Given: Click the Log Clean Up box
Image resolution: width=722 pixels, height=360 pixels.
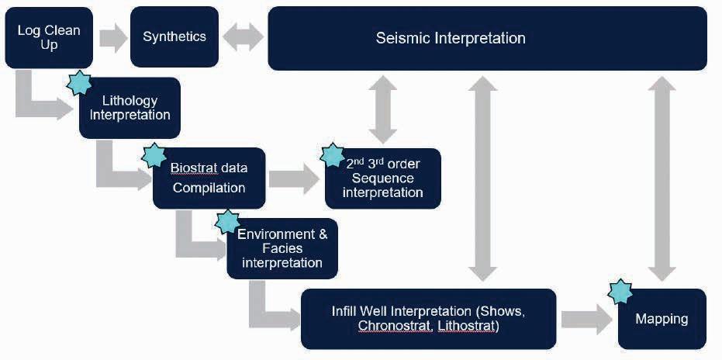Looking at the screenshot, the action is point(49,38).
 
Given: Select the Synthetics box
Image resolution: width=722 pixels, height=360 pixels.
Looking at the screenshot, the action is point(174,37).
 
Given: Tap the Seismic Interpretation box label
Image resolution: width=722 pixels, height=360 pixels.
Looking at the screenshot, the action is point(451,38).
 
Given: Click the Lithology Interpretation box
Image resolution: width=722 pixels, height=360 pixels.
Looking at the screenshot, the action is point(130,108).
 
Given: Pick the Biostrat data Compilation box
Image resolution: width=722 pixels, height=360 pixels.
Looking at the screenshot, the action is point(209,178).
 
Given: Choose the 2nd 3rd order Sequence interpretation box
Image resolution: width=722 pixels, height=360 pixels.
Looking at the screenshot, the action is point(383,178).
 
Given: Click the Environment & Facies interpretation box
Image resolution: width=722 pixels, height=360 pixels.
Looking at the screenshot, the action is point(282,248).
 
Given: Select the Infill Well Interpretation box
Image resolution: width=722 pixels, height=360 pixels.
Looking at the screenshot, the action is point(429,319).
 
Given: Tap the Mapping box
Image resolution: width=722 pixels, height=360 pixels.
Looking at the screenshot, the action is point(662,319).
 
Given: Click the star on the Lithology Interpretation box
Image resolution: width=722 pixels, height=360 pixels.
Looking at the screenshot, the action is point(79,83).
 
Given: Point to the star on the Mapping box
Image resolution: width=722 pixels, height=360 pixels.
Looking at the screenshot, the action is point(620,291).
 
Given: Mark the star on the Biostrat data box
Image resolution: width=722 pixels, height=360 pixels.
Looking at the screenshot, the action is point(154,155).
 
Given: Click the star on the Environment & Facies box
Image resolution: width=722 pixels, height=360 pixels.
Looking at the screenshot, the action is point(227,221).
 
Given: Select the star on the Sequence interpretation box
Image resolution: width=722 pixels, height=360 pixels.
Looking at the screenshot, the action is point(332,155).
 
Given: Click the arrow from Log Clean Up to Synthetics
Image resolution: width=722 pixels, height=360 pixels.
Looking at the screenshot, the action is point(113,37).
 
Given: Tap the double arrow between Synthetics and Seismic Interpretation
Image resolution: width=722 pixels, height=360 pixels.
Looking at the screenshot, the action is point(244,37).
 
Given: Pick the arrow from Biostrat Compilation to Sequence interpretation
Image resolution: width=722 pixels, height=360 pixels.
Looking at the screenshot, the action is point(294,179).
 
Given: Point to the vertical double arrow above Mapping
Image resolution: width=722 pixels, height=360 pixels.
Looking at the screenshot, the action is point(662,178).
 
